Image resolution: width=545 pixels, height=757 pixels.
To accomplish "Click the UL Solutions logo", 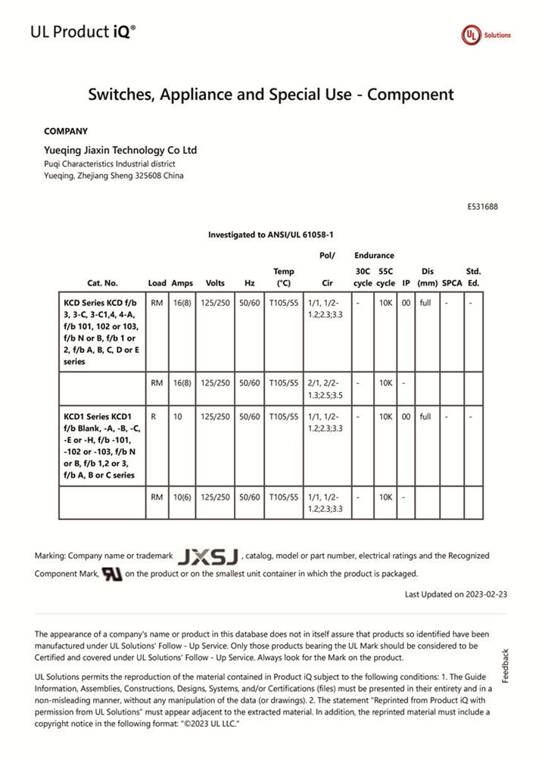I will pyautogui.click(x=486, y=35).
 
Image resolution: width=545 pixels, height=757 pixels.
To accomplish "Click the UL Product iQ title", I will pyautogui.click(x=83, y=32).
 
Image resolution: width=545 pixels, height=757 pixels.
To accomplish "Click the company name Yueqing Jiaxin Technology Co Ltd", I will pyautogui.click(x=120, y=150).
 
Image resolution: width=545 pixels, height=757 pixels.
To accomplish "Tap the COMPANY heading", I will pyautogui.click(x=66, y=131).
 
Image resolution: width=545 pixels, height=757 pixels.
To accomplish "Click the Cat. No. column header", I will pyautogui.click(x=102, y=283).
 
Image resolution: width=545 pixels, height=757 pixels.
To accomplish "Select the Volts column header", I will pyautogui.click(x=215, y=283).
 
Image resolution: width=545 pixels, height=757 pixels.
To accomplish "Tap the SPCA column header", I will pyautogui.click(x=452, y=283).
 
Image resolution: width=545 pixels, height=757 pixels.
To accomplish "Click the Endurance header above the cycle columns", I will pyautogui.click(x=374, y=256).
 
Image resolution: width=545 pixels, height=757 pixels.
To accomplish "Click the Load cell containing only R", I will pyautogui.click(x=154, y=416).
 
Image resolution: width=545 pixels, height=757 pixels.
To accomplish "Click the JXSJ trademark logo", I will pyautogui.click(x=207, y=557).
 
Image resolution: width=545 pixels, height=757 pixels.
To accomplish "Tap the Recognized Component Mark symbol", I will pyautogui.click(x=111, y=574).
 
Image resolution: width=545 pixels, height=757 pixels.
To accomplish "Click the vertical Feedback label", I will pyautogui.click(x=506, y=665).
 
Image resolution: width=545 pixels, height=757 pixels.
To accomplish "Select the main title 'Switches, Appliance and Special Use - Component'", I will pyautogui.click(x=271, y=95).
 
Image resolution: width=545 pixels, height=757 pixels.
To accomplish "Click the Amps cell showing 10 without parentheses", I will pyautogui.click(x=178, y=416).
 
